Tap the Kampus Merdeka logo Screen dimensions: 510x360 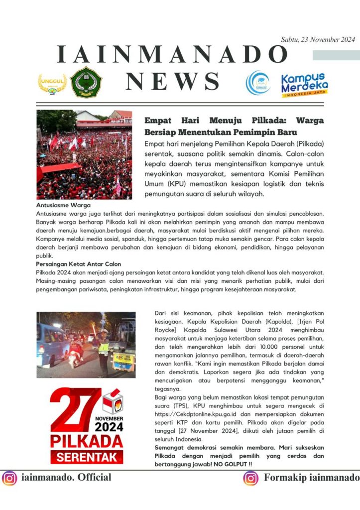304,85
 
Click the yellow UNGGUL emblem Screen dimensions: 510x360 52,83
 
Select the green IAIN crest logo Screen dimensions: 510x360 86,82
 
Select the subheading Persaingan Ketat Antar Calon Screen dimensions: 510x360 78,264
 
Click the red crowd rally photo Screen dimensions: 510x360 84,154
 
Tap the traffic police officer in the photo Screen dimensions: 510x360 104,349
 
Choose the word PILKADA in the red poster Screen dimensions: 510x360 86,441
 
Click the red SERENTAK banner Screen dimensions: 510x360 86,457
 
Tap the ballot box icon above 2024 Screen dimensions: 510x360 112,401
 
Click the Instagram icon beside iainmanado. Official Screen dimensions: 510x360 9,478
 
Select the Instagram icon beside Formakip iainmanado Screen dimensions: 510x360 251,478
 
